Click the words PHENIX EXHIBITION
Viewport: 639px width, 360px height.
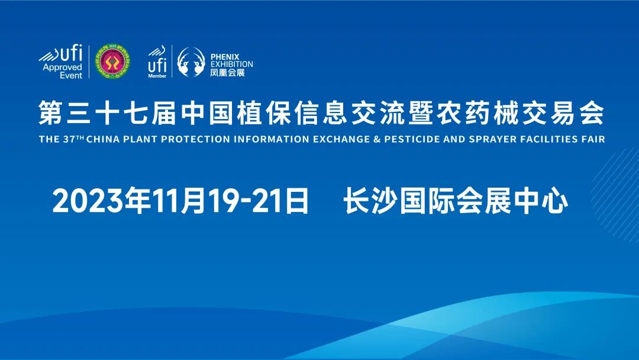click(231, 60)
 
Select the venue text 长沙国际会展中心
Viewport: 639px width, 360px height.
click(456, 202)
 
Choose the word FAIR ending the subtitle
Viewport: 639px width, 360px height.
click(593, 140)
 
